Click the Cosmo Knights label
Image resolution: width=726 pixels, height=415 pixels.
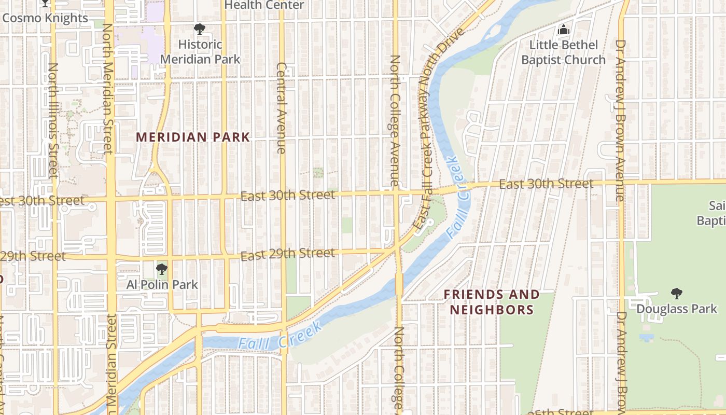[x=45, y=18]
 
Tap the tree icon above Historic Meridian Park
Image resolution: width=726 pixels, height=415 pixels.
[x=199, y=29]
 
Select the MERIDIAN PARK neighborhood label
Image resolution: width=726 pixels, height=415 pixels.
[x=193, y=137]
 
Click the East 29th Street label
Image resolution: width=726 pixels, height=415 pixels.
[x=288, y=254]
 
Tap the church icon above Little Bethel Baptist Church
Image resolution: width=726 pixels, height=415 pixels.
[x=563, y=30]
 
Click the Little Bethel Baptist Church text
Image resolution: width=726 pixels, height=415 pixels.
[x=563, y=52]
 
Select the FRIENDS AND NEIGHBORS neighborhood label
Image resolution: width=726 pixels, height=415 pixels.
[x=492, y=302]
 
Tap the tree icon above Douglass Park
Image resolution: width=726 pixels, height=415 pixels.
[x=676, y=294]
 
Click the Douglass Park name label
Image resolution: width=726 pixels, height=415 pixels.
[x=677, y=309]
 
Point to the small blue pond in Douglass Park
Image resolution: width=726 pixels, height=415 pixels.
[x=646, y=338]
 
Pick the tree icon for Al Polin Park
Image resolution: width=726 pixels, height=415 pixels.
[x=162, y=269]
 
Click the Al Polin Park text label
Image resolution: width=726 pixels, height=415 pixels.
[x=162, y=285]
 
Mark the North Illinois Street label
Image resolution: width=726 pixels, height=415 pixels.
[x=53, y=119]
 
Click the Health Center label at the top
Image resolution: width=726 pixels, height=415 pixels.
[x=264, y=5]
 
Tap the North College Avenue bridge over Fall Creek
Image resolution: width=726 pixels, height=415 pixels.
[x=399, y=284]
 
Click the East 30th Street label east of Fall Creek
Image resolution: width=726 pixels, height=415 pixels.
[x=546, y=184]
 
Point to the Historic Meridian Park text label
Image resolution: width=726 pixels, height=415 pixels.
[x=200, y=52]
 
